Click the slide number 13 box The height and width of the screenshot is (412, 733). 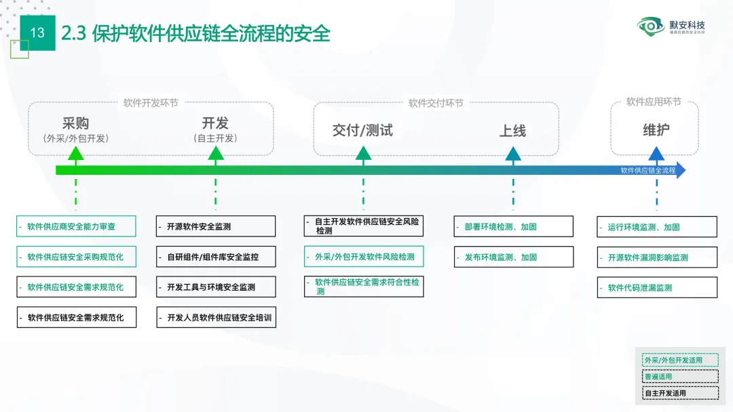pyautogui.click(x=37, y=33)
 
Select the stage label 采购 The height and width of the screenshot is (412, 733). pyautogui.click(x=75, y=123)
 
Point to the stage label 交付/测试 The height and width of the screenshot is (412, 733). pyautogui.click(x=362, y=130)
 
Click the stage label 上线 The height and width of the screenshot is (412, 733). pyautogui.click(x=512, y=131)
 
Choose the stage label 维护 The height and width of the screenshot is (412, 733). pyautogui.click(x=656, y=129)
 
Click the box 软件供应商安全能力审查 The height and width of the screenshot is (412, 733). pyautogui.click(x=76, y=226)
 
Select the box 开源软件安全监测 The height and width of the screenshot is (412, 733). pyautogui.click(x=216, y=226)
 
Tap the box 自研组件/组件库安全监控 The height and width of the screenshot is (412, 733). pyautogui.click(x=216, y=257)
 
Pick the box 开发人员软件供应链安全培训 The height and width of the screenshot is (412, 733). pyautogui.click(x=216, y=317)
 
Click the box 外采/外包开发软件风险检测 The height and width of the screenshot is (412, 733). pyautogui.click(x=363, y=257)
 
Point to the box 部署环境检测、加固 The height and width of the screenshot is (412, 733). pyautogui.click(x=513, y=226)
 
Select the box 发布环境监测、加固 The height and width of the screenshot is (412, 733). pyautogui.click(x=513, y=257)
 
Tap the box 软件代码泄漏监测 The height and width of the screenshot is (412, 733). pyautogui.click(x=657, y=287)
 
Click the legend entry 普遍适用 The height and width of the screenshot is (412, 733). pyautogui.click(x=680, y=377)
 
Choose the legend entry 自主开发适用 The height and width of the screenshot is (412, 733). pyautogui.click(x=680, y=393)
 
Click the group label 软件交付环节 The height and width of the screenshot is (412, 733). pyautogui.click(x=436, y=103)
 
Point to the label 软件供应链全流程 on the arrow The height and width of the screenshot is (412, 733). pyautogui.click(x=648, y=170)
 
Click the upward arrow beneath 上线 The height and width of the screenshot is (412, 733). pyautogui.click(x=513, y=154)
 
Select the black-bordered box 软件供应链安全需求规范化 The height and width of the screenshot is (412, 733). pyautogui.click(x=76, y=317)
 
